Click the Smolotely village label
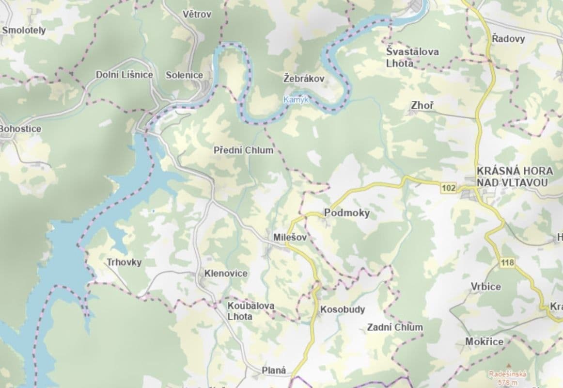pos(24,31)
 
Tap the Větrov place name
pos(197,14)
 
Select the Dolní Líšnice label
pos(125,75)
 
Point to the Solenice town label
pos(184,75)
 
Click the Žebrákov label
pos(303,78)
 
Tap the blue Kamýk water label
pos(296,100)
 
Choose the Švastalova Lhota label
pos(406,57)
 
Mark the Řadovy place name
pos(508,39)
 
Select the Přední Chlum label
pos(243,150)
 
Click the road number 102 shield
pos(449,188)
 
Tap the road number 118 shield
pos(507,262)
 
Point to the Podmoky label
pos(347,213)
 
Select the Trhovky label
pos(124,262)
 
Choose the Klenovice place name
pos(226,274)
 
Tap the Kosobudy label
pos(342,309)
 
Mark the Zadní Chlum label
pos(394,327)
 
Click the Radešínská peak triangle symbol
pos(508,364)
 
